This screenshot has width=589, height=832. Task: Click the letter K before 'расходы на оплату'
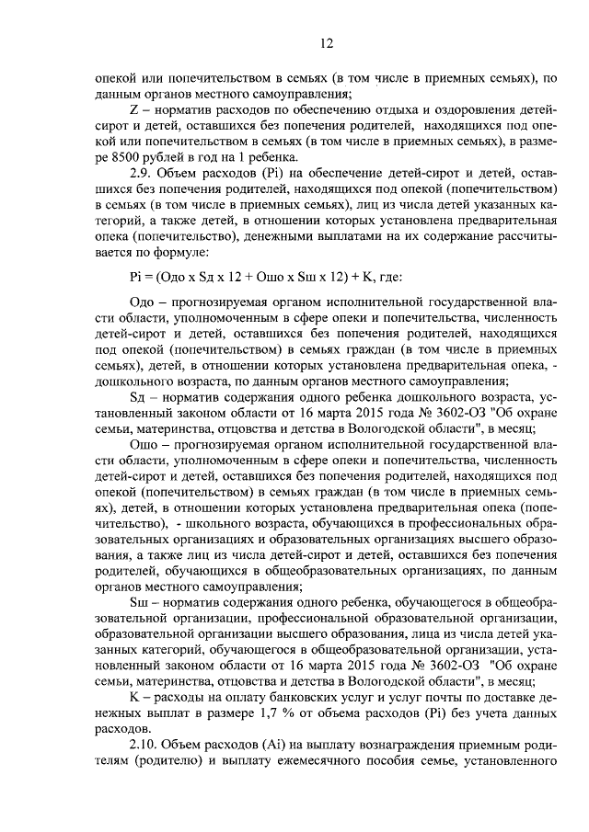point(134,695)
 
